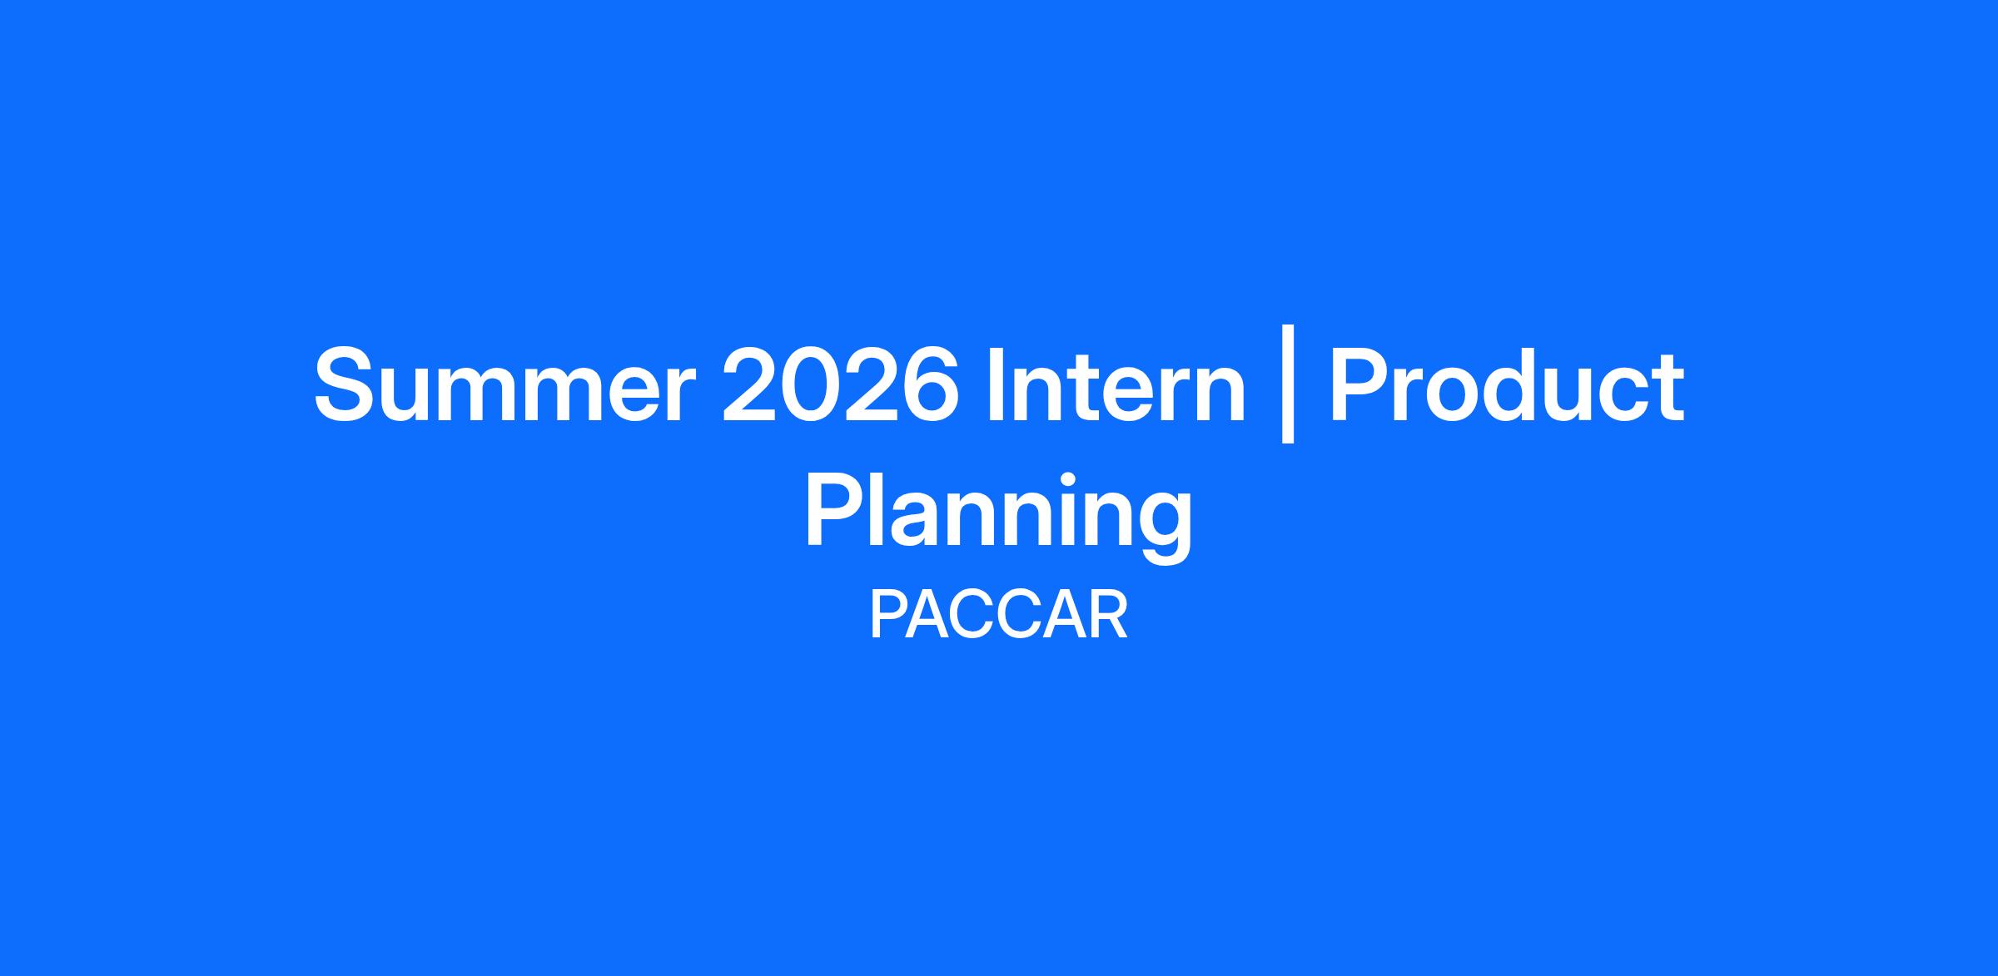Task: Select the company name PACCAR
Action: [998, 616]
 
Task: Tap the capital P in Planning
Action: [834, 511]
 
